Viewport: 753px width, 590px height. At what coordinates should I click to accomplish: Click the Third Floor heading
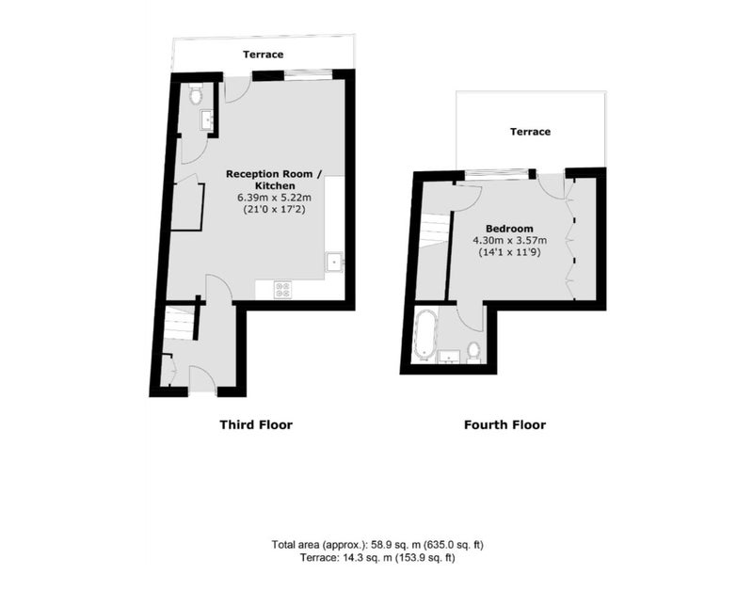tap(256, 425)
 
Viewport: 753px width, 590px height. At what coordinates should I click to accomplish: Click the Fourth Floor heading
tap(505, 425)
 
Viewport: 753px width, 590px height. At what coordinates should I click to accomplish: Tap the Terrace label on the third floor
tap(264, 55)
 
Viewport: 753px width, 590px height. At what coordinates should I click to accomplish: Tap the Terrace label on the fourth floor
tap(530, 132)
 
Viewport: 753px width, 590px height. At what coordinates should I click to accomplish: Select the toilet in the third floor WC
tap(195, 93)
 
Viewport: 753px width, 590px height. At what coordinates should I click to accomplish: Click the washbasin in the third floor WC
tap(207, 120)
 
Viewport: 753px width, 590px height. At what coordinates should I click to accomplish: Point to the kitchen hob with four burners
tap(282, 290)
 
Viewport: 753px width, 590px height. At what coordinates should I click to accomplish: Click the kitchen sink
tap(334, 263)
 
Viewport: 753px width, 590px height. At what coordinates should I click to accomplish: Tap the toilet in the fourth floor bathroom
tap(474, 351)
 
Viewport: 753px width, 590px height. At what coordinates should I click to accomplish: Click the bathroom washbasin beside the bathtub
tap(449, 357)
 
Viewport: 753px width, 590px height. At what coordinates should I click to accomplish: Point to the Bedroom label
tap(509, 229)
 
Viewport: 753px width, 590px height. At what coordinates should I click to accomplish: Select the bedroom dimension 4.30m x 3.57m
tap(509, 241)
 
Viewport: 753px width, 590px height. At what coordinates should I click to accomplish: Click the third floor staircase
tap(180, 323)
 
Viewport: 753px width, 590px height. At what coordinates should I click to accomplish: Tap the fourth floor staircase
tap(436, 230)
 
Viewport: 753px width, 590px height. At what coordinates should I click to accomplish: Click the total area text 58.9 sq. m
tap(393, 545)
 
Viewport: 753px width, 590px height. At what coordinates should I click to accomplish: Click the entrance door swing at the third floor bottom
tap(201, 380)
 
